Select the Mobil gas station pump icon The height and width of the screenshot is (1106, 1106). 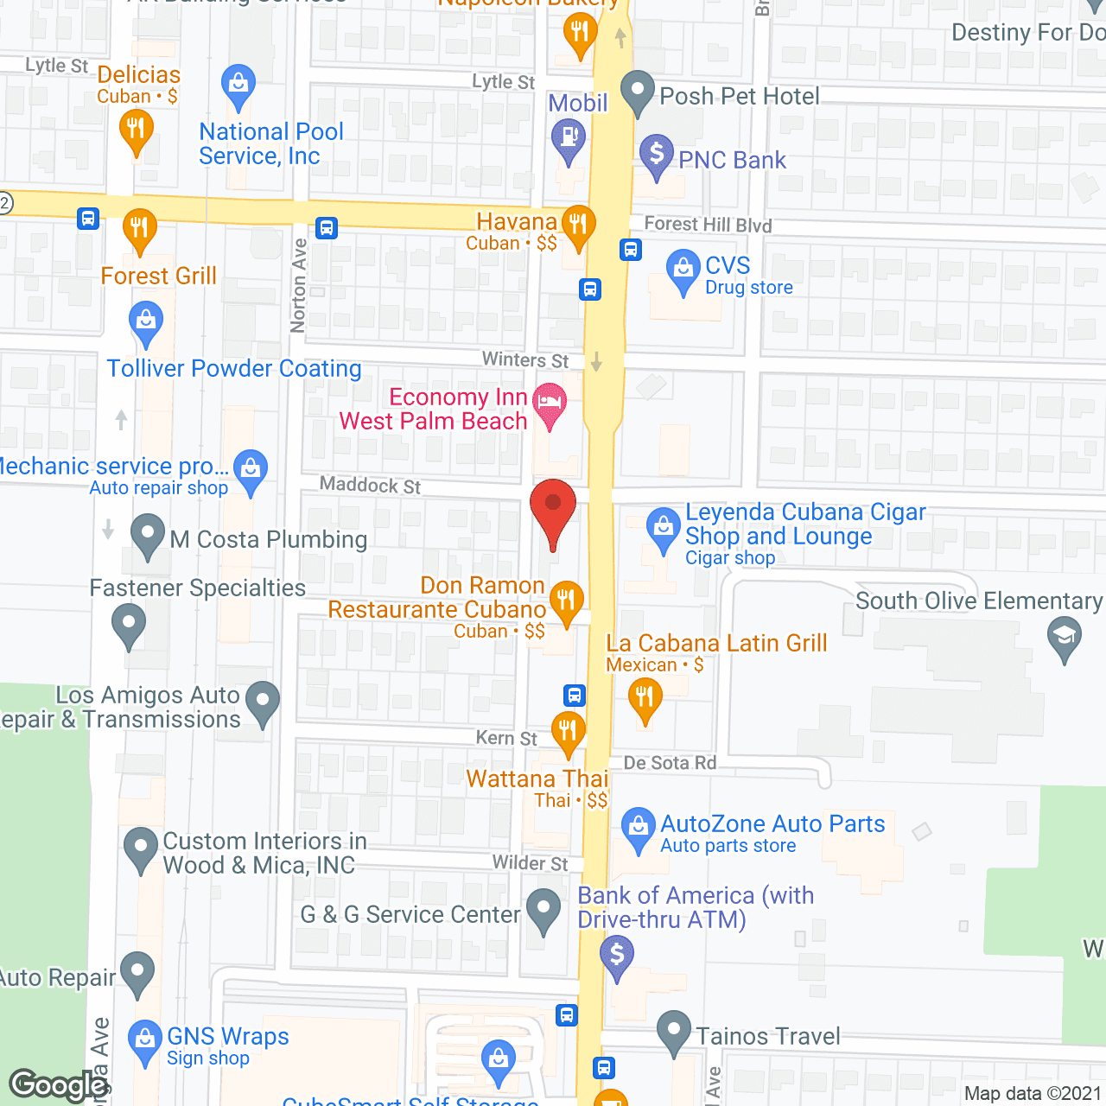(x=569, y=138)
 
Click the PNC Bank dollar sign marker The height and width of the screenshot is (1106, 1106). (x=657, y=154)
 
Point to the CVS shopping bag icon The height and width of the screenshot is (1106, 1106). (x=683, y=269)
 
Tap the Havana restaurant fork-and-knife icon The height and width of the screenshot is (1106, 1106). (x=578, y=225)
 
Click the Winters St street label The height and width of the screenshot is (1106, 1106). (x=525, y=359)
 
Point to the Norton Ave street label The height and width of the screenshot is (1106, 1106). (x=298, y=285)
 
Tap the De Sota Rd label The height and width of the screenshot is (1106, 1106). (x=670, y=763)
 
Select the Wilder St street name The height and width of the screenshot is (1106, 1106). (x=530, y=862)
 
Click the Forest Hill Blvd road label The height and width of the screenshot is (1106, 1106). (x=708, y=225)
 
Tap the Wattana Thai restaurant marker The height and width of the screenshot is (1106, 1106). (x=568, y=731)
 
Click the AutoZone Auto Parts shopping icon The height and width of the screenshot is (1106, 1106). (x=639, y=827)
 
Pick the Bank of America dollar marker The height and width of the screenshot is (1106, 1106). (x=617, y=956)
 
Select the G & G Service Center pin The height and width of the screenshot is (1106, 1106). (x=543, y=909)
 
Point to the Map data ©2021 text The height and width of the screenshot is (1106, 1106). (x=1033, y=1093)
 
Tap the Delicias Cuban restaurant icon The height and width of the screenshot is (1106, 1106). (x=136, y=130)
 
